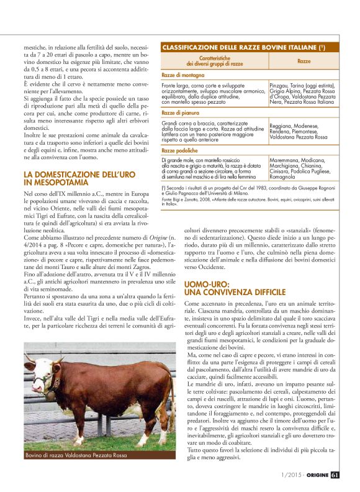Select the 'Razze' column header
point(304,62)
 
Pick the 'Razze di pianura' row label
point(181,112)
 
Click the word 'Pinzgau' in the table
point(279,84)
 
